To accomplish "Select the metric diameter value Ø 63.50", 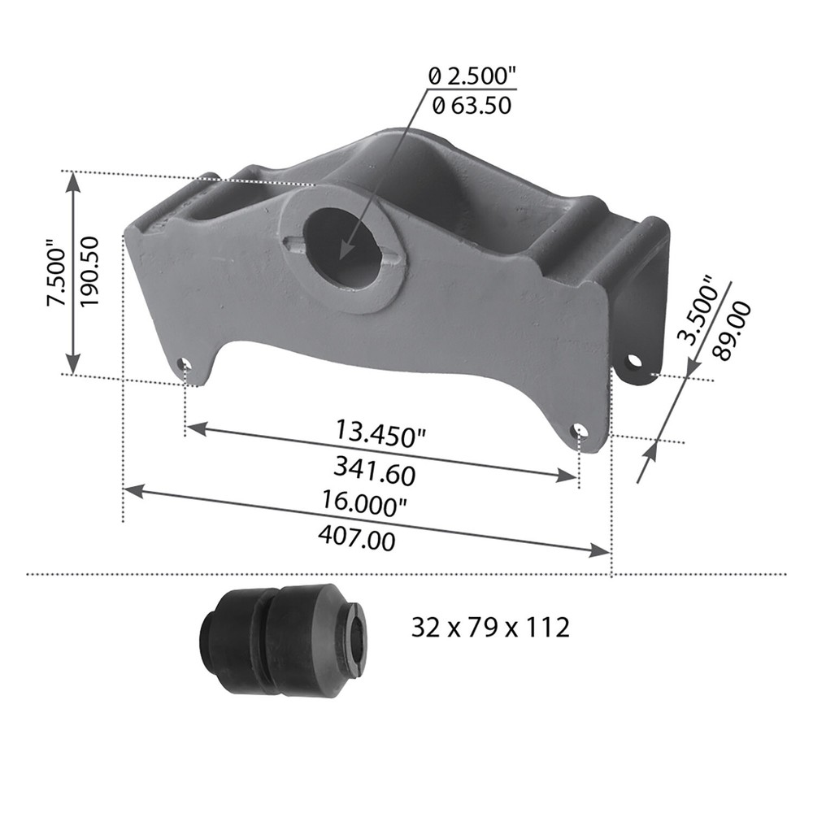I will (472, 105).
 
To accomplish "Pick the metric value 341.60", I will (374, 470).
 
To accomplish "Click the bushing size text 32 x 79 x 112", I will (489, 628).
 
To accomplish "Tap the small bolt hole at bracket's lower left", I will (185, 363).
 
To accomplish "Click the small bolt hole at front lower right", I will (579, 430).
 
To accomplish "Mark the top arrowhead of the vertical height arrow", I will (73, 180).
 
